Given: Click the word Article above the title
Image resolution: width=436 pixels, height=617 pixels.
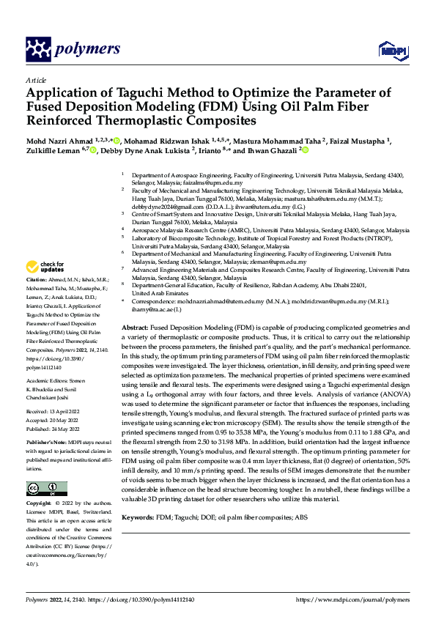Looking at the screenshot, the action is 36,80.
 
